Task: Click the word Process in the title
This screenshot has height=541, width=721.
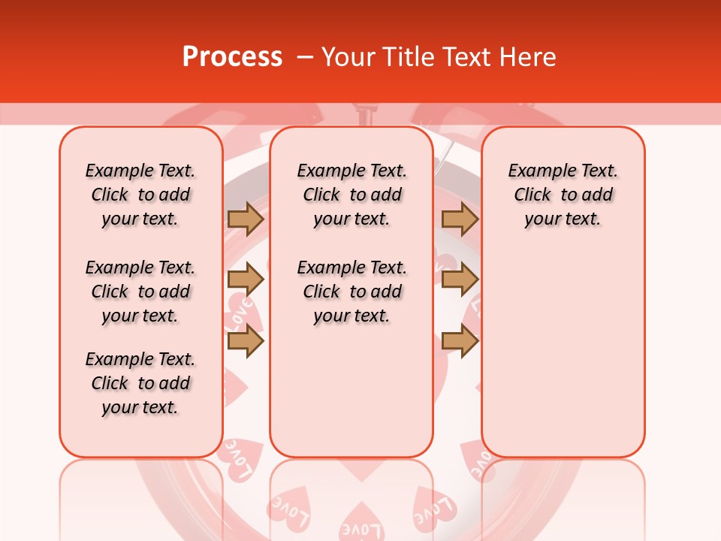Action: coord(232,57)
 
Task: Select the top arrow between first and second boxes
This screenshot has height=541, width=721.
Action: coord(246,219)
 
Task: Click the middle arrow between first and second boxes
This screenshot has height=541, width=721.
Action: coord(246,280)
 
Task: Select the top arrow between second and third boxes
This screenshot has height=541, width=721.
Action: coord(460,219)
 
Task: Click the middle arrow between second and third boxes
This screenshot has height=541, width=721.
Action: coord(460,280)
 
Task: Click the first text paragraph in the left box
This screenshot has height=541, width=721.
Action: coord(140,195)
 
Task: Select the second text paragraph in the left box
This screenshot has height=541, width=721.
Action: coord(140,292)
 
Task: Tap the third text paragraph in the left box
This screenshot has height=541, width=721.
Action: coord(140,383)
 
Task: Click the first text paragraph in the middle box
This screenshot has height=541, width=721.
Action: coord(351,195)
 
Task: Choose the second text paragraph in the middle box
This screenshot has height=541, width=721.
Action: coord(351,292)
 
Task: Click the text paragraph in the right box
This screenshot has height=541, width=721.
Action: coord(563,195)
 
